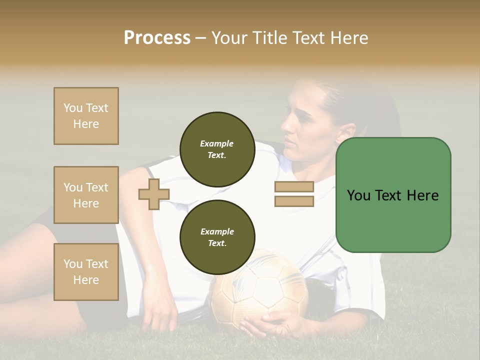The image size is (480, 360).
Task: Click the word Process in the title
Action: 157,38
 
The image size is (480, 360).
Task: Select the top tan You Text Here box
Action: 86,116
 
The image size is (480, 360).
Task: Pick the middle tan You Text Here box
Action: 86,195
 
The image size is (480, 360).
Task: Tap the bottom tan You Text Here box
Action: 86,272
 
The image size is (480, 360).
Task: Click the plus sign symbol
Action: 154,194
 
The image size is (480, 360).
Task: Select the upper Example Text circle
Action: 217,149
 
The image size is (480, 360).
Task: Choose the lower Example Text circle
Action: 217,237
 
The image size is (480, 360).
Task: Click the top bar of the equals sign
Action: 294,186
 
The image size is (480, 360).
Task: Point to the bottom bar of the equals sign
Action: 294,201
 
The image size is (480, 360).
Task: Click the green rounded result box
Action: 393,195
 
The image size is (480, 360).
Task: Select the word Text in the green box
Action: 391,195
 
